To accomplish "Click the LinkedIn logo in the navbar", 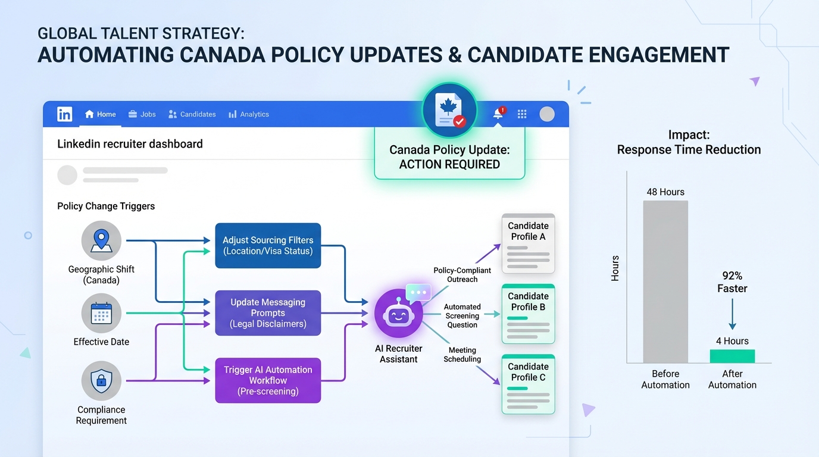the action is coord(65,114).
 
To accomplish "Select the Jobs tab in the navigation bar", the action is coord(142,114).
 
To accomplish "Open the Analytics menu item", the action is coord(249,114).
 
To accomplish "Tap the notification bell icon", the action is coord(498,113).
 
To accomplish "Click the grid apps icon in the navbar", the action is coord(522,114).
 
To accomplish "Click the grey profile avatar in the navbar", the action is coord(547,114).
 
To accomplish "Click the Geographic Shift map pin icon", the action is coord(101,240).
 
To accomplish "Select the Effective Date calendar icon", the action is coord(101,314).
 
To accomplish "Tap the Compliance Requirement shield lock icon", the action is coord(101,381).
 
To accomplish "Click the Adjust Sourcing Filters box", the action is coord(268,246).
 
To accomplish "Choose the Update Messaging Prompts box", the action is coord(268,313).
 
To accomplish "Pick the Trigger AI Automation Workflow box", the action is coord(268,380).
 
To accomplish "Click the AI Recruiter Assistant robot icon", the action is coord(399,314).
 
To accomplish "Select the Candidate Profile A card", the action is coord(529,243).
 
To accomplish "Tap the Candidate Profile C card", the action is coord(529,384).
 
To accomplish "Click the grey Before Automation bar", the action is coord(665,281).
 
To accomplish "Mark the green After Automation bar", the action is coord(732,356).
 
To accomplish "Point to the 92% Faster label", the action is coord(732,282).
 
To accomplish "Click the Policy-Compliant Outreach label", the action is coord(462,274).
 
